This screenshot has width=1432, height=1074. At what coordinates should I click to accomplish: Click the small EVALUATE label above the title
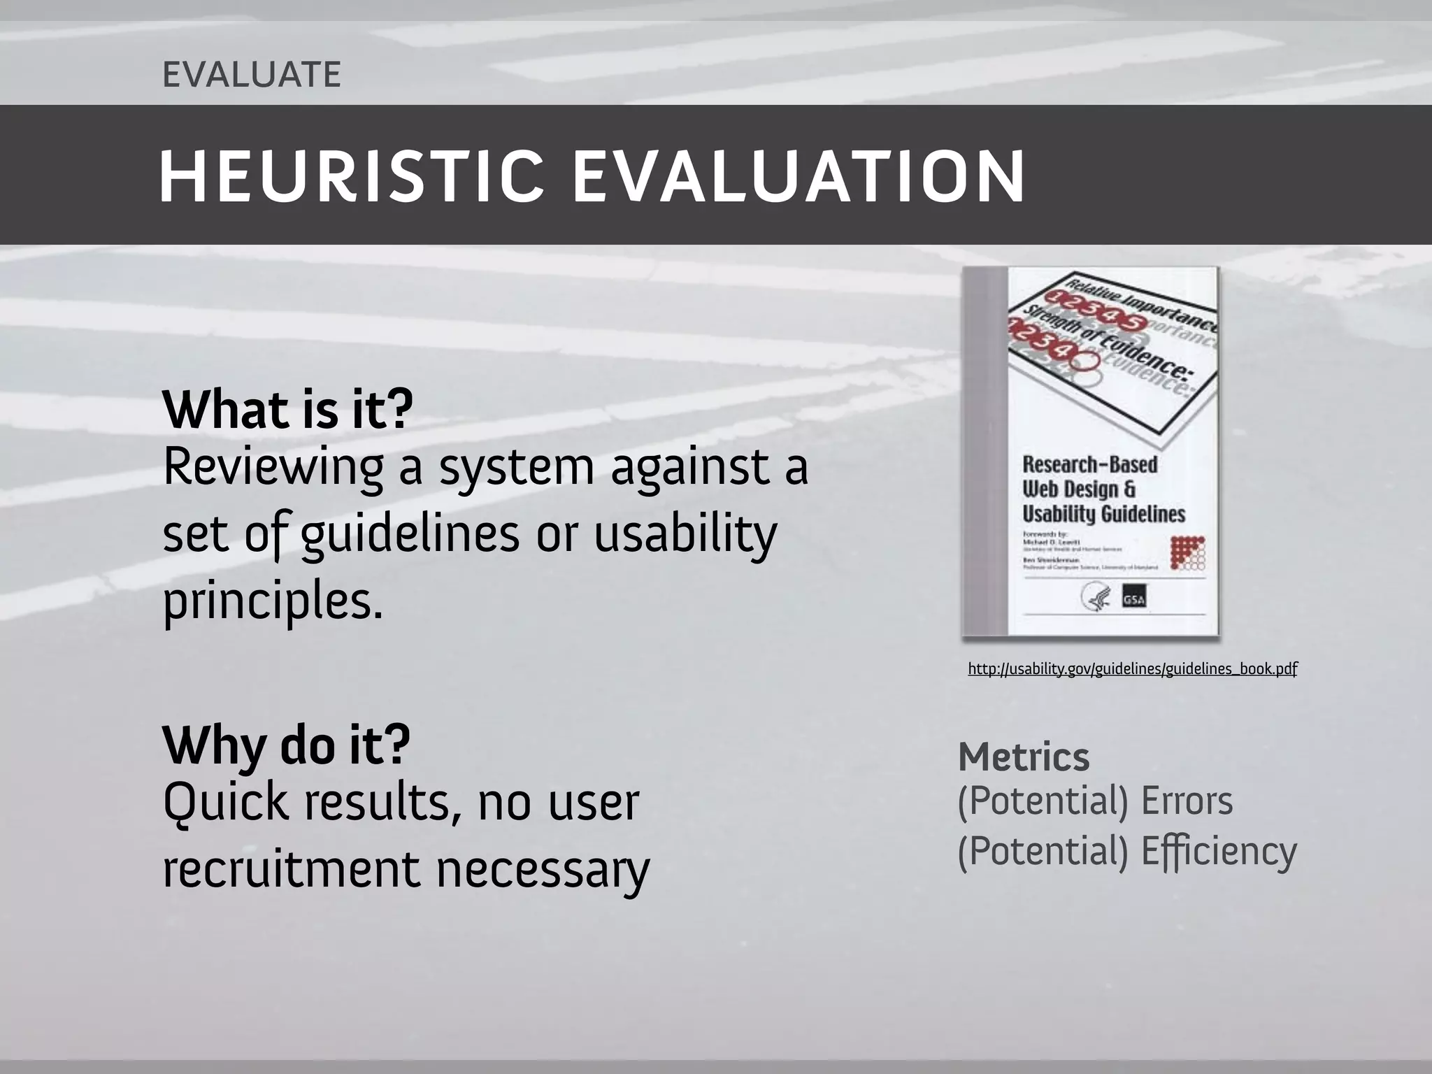coord(252,75)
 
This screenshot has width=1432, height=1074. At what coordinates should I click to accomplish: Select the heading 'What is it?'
coord(287,410)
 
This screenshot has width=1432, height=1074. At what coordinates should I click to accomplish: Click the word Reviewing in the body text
coord(273,468)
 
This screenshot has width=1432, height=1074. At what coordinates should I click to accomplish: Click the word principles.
coord(273,602)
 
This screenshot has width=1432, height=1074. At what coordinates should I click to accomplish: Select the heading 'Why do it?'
coord(286,745)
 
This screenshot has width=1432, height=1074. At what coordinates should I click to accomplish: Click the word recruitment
coord(289,870)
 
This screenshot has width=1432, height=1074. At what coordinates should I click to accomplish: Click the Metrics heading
coord(1023,757)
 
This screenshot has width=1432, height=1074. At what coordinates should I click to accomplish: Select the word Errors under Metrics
coord(1187,801)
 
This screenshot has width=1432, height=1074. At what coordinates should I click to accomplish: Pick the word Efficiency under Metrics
coord(1218,852)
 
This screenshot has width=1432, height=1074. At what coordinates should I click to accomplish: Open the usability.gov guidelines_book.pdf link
coord(1132,669)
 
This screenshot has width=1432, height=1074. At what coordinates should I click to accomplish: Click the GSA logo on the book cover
coord(1133,599)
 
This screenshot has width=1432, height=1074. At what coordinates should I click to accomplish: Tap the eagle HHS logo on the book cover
coord(1093,598)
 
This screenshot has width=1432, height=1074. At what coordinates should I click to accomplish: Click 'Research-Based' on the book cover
coord(1089,464)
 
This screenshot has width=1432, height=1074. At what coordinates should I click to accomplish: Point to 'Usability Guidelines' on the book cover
coord(1103,514)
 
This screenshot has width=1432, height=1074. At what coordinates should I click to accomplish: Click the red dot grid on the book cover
coord(1187,553)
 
